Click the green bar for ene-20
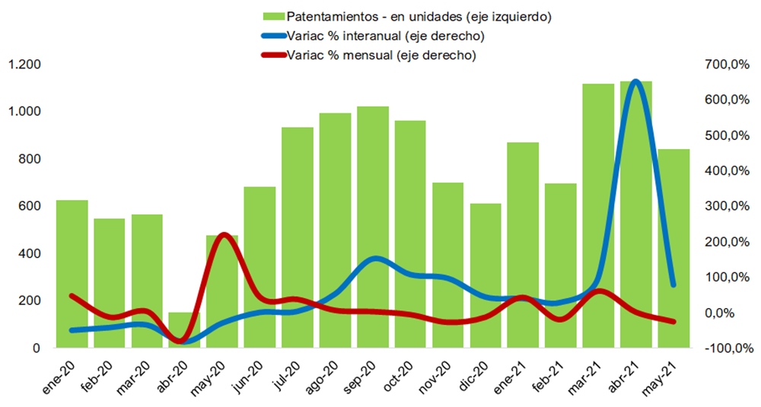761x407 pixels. point(72,274)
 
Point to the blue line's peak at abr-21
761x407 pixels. point(636,81)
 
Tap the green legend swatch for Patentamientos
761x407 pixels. point(272,16)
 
